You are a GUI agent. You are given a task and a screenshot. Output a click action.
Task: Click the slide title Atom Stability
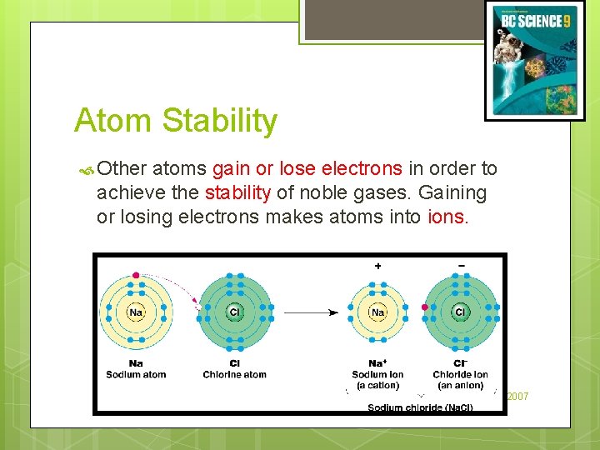(175, 121)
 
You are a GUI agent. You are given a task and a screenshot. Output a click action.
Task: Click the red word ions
(448, 217)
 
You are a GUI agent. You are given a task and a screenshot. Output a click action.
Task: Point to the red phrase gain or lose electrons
(307, 169)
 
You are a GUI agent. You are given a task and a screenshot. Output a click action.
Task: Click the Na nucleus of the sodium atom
(136, 312)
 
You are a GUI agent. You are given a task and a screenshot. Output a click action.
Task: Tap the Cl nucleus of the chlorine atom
(234, 312)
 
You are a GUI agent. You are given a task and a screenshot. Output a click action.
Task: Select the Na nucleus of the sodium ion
(377, 312)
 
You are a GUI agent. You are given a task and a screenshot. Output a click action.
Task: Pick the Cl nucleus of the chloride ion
(460, 312)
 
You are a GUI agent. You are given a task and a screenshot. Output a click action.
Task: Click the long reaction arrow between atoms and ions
(310, 313)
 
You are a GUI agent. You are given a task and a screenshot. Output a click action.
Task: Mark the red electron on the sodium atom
(136, 275)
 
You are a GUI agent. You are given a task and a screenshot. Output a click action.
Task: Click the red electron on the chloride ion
(424, 307)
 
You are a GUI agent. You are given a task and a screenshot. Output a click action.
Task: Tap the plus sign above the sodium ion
(377, 266)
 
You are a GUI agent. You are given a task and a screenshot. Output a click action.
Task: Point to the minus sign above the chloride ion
(462, 266)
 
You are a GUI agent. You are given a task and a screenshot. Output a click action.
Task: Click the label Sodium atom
(136, 375)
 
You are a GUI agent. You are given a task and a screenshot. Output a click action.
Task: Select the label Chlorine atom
(234, 375)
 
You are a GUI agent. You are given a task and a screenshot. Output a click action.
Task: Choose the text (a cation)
(377, 385)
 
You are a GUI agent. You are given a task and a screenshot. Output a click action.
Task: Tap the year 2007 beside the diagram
(517, 397)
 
